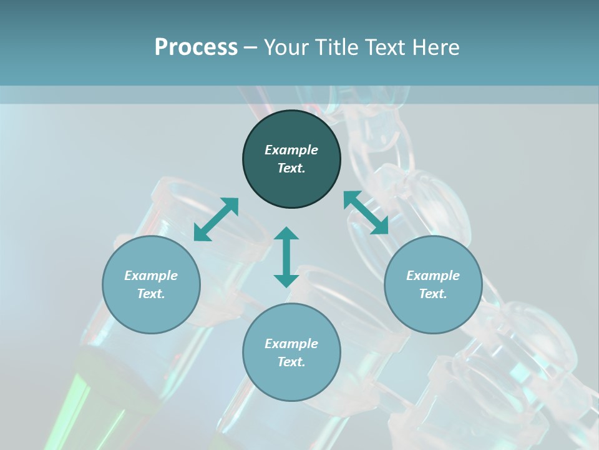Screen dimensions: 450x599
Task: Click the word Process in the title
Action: pyautogui.click(x=196, y=47)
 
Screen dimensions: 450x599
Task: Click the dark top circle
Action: pyautogui.click(x=291, y=159)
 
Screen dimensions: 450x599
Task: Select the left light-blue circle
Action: pyautogui.click(x=151, y=284)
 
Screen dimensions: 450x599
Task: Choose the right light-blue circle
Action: pyautogui.click(x=433, y=284)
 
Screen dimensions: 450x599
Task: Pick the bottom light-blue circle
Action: pyautogui.click(x=291, y=352)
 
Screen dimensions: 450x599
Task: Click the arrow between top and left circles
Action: pyautogui.click(x=216, y=219)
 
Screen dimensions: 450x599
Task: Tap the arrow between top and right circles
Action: pyautogui.click(x=366, y=213)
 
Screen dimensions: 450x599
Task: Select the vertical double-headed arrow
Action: pyautogui.click(x=286, y=257)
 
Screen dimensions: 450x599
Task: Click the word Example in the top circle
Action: pyautogui.click(x=291, y=150)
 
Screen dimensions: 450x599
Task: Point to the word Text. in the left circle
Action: pyautogui.click(x=151, y=294)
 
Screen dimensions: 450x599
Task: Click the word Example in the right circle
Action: pyautogui.click(x=433, y=276)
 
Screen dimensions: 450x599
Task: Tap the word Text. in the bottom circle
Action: pyautogui.click(x=291, y=362)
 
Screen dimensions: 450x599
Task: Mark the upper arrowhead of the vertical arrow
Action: pyautogui.click(x=286, y=233)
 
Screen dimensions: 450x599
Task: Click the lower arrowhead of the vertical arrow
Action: pyautogui.click(x=286, y=281)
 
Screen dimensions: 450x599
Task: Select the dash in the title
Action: pyautogui.click(x=251, y=47)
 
